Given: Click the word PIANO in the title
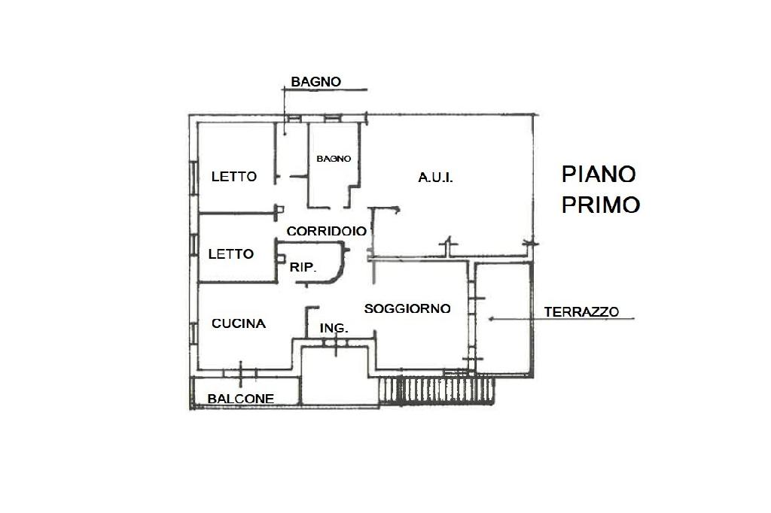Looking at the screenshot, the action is (599, 175).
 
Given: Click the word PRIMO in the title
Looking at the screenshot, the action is (601, 205).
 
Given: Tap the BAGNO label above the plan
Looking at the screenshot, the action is (316, 82).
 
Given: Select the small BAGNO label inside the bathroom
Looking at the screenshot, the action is (334, 159).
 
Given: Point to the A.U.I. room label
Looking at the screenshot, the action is (435, 178).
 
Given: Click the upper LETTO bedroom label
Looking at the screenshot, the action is (233, 178).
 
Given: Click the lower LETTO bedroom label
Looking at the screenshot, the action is (230, 254).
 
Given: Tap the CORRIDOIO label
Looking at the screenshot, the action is (326, 232).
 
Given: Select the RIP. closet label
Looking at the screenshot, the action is (303, 267).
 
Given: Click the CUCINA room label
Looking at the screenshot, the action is (239, 324).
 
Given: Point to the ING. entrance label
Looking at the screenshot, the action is (334, 329).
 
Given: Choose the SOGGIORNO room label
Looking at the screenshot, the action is (407, 309).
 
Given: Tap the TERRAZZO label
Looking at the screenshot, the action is (581, 311).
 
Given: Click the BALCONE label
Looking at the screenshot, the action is (241, 399).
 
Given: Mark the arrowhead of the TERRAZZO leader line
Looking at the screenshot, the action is (491, 319).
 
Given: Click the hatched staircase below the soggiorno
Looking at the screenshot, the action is (437, 390).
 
